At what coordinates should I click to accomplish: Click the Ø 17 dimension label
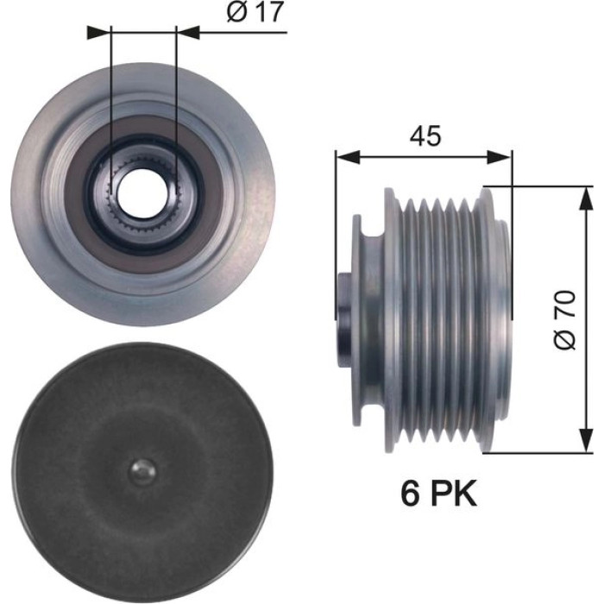coord(255,12)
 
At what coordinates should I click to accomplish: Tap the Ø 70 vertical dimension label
coord(565,320)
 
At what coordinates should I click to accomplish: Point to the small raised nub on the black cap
coord(142,471)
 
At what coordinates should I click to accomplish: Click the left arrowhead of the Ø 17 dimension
coord(99,33)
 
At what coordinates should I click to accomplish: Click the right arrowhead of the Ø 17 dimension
coord(187,33)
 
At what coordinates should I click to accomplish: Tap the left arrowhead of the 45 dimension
coord(348,157)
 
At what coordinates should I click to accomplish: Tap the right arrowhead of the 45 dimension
coord(500,157)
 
